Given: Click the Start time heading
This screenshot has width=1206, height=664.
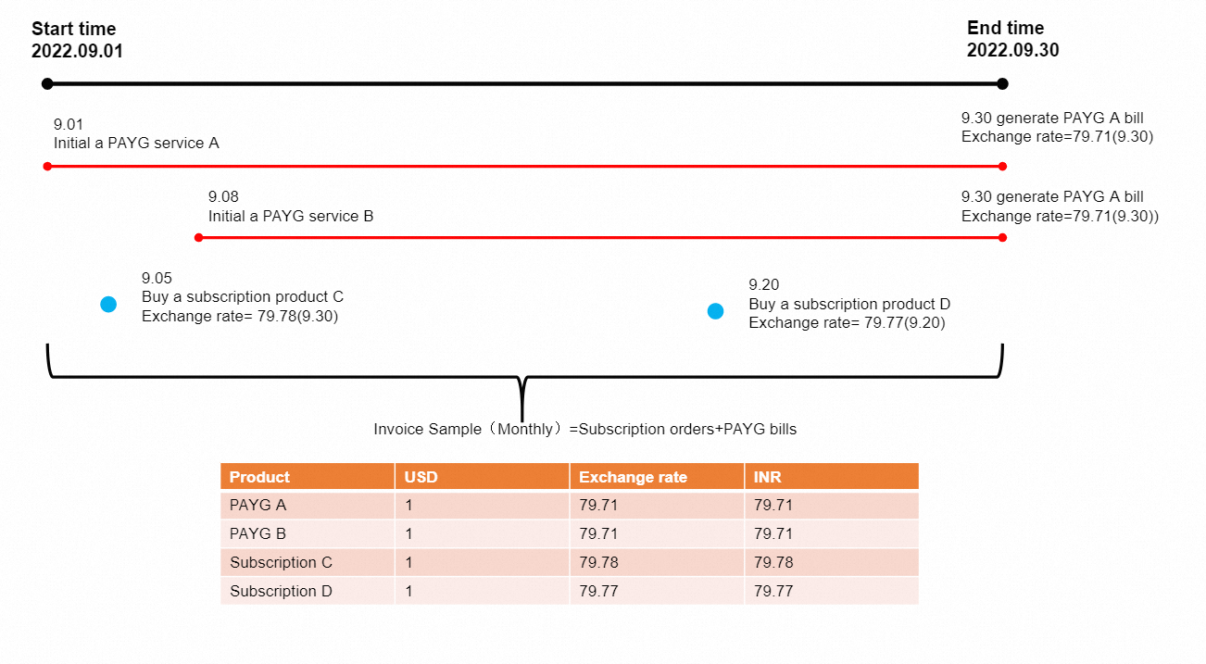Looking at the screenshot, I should (74, 29).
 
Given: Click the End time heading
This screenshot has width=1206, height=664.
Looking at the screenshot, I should (1005, 28).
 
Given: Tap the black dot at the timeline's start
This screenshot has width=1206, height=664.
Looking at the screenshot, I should (47, 84).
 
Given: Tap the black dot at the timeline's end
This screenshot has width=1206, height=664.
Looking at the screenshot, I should (1002, 84).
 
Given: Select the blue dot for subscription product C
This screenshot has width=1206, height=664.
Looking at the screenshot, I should (108, 305).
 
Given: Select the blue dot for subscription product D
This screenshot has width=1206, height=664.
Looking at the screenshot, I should (715, 311).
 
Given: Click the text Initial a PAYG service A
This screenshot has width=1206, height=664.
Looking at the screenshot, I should (136, 144).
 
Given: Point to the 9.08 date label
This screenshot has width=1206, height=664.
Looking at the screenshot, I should (223, 196).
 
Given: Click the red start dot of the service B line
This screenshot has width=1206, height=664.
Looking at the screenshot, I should (198, 238).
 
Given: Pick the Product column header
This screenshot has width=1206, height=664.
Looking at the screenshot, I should (259, 477).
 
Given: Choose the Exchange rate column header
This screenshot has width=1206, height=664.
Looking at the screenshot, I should (633, 477).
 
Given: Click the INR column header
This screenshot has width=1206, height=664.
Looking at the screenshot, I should (768, 477).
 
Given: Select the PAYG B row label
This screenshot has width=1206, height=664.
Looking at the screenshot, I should (258, 533).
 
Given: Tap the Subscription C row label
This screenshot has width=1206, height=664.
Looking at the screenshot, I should (281, 562).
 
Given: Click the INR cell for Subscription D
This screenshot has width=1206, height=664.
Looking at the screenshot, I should (773, 591).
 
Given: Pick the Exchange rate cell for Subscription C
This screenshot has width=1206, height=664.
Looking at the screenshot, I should (598, 562).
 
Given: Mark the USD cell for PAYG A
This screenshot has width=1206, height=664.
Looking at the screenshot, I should (408, 506).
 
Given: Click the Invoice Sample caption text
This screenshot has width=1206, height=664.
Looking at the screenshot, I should (584, 429).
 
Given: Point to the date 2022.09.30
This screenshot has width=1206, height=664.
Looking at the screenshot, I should (1012, 51).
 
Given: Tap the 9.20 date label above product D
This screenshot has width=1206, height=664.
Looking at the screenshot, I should (763, 285).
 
